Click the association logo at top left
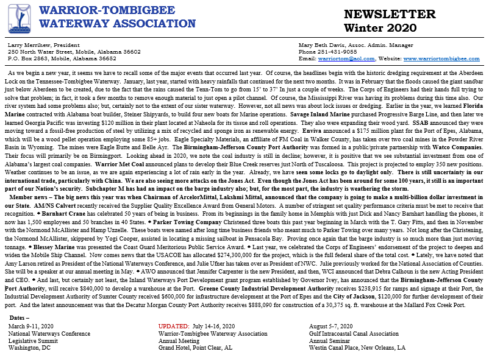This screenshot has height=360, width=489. click(x=19, y=19)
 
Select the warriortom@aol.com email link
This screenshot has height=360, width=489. click(x=343, y=58)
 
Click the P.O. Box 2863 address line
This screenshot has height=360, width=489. click(x=62, y=58)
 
